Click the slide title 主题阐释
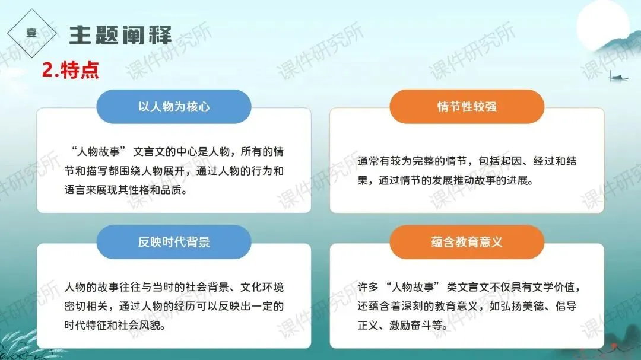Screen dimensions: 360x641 click(120, 34)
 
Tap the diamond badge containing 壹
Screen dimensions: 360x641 click(31, 34)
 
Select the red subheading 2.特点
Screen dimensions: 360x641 click(70, 71)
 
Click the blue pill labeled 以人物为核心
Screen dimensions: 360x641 click(174, 107)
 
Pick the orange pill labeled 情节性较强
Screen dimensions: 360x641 click(467, 107)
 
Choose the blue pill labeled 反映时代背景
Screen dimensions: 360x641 click(174, 242)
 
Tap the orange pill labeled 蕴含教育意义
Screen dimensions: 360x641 click(467, 242)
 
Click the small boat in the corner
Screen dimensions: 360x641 click(618, 77)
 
